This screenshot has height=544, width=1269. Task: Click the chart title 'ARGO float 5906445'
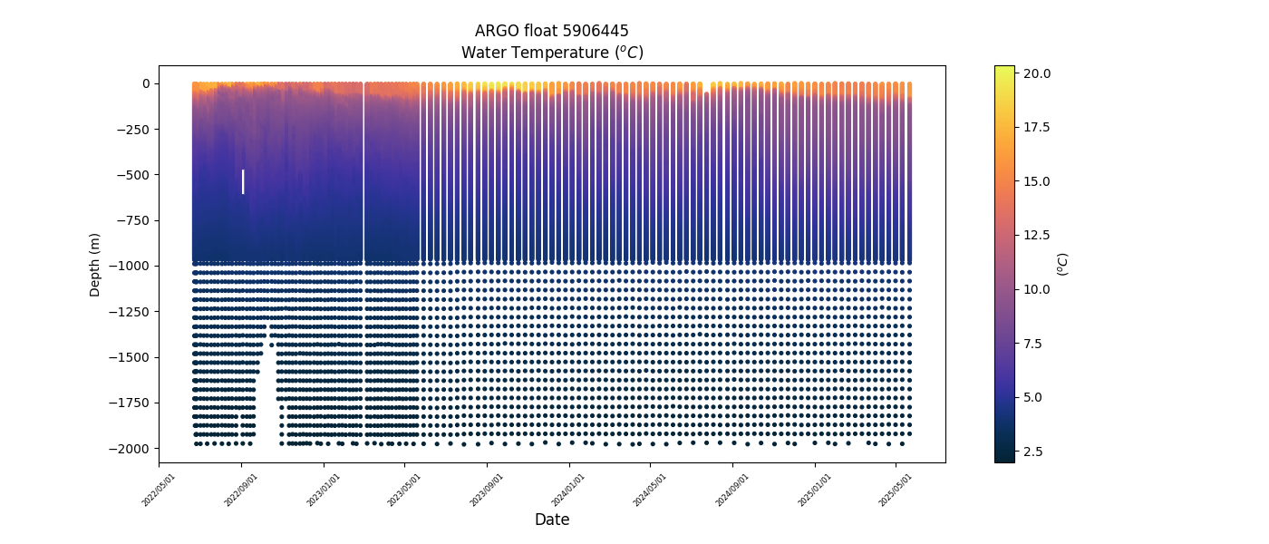pyautogui.click(x=551, y=31)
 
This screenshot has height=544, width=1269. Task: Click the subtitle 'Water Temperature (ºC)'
pyautogui.click(x=551, y=53)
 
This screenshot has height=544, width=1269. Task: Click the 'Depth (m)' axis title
pyautogui.click(x=94, y=265)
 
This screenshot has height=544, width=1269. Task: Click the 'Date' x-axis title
pyautogui.click(x=551, y=520)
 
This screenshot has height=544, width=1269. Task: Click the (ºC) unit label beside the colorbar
pyautogui.click(x=1063, y=264)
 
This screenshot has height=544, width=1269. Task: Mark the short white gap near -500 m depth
pyautogui.click(x=243, y=181)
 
